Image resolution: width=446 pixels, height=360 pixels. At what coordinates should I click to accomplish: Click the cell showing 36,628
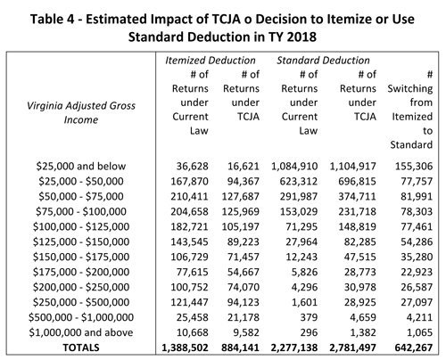tap(192, 166)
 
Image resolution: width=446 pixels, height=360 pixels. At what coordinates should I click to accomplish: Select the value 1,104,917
tap(352, 166)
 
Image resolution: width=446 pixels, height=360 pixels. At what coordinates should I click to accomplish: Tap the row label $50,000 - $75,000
tap(81, 196)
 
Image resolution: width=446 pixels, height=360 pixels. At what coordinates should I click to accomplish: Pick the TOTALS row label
tap(81, 348)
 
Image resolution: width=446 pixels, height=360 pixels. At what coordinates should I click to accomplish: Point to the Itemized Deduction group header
tap(211, 61)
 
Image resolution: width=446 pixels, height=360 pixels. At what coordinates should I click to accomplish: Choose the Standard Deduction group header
tap(323, 61)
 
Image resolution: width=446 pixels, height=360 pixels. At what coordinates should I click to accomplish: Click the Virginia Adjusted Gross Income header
tap(81, 112)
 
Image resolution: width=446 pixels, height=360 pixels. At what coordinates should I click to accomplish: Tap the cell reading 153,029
tap(299, 211)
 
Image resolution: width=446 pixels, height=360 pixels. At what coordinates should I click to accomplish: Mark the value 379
tap(309, 317)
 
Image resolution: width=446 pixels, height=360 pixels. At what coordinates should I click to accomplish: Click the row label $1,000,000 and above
tap(81, 332)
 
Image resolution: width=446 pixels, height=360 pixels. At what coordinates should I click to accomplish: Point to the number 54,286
tap(417, 241)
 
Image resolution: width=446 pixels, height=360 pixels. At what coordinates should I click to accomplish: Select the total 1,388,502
tap(185, 348)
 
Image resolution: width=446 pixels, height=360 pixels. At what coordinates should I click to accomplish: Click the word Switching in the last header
tap(410, 88)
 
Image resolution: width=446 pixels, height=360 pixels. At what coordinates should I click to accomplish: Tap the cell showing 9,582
tap(246, 332)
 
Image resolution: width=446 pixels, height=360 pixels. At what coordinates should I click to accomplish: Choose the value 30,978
tap(360, 287)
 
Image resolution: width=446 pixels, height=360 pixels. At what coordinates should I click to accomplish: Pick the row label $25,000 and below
tap(81, 166)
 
